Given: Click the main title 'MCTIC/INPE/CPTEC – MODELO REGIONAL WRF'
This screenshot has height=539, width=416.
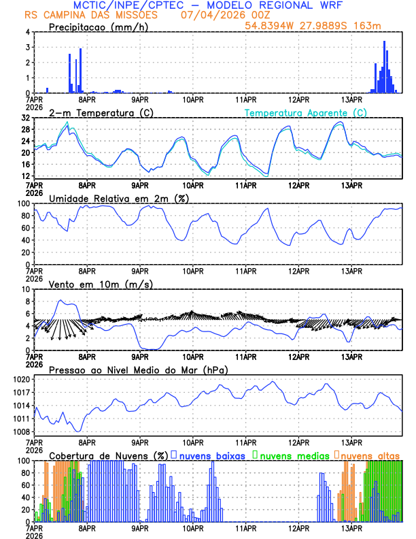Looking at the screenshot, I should (208, 5).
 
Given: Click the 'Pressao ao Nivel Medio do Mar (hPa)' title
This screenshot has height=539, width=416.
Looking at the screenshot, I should (138, 370).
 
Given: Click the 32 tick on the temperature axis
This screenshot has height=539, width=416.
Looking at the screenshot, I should (25, 118).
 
